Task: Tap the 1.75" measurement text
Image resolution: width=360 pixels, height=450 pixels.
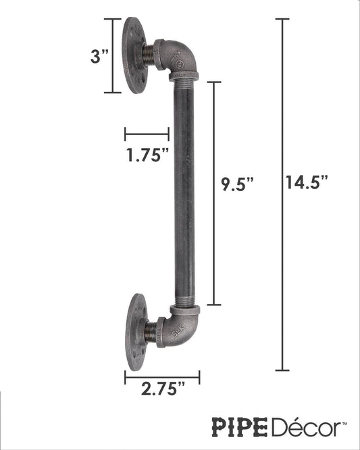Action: (x=147, y=155)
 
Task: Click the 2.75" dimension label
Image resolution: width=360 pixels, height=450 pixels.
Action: (x=161, y=389)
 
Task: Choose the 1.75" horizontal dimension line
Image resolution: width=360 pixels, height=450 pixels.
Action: (x=147, y=134)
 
